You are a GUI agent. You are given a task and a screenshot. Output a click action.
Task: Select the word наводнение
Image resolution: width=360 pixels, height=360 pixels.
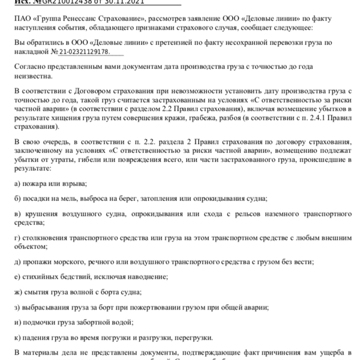(x=147, y=277)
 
